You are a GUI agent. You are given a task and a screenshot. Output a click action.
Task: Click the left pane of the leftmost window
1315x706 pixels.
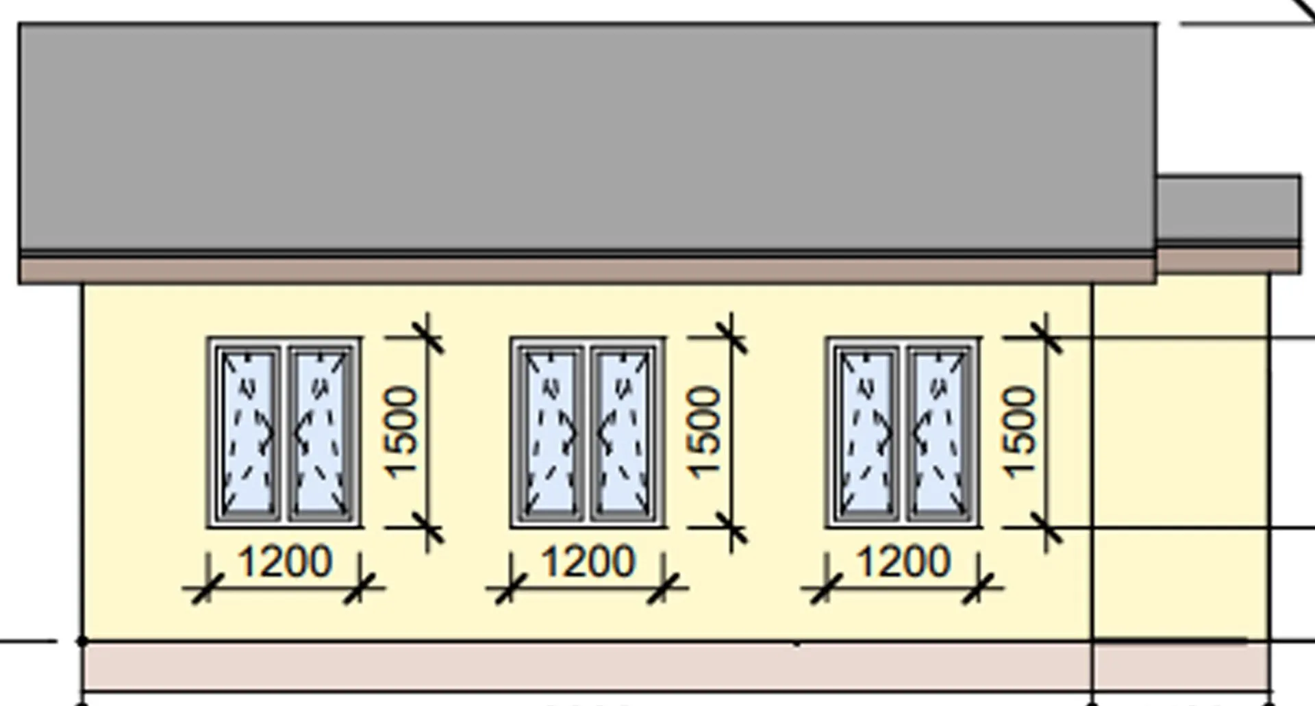point(247,433)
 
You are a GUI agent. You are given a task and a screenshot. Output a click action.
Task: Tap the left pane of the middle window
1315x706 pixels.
point(551,433)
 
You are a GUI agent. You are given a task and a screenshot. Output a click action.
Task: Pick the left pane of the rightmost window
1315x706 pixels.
point(866,433)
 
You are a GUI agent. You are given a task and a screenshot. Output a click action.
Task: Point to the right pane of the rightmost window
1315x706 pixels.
point(939,433)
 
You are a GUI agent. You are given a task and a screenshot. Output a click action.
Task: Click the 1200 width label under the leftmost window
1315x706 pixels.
point(285,562)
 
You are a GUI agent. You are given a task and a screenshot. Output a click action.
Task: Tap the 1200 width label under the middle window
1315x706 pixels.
point(588,562)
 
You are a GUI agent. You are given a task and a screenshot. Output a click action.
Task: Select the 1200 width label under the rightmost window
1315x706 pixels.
point(904,562)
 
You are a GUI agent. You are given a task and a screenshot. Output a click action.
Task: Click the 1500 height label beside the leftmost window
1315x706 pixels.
point(401,432)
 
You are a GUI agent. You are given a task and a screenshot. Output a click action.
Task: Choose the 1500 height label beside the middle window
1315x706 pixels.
point(705,432)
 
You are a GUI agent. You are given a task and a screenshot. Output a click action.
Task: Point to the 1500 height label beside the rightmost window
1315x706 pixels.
point(1020,432)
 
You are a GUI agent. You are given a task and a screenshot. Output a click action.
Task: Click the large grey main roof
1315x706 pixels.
point(588,137)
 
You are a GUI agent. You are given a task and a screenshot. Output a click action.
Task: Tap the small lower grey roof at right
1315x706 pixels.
point(1229,208)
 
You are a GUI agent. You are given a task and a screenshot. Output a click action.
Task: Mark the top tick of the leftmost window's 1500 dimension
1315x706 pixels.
point(427,337)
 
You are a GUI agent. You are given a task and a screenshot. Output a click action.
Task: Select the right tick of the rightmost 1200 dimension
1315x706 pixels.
point(979,588)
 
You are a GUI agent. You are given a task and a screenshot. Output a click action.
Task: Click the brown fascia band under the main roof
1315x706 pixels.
point(588,270)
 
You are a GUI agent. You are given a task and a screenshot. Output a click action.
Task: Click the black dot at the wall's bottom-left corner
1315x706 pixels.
point(82,642)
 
